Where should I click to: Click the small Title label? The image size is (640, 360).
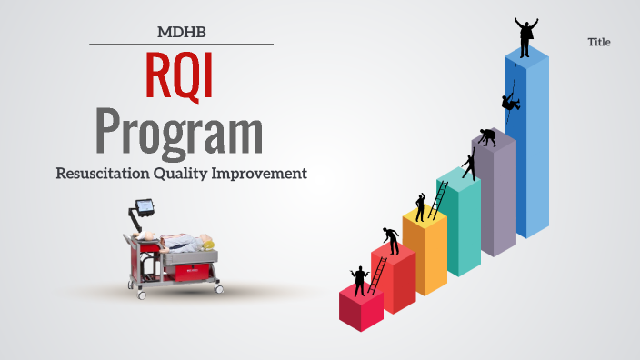pyautogui.click(x=599, y=43)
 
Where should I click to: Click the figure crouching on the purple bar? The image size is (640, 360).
pyautogui.click(x=488, y=137)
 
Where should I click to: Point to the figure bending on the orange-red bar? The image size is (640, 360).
pyautogui.click(x=392, y=239)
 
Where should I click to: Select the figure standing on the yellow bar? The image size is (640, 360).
pyautogui.click(x=421, y=206)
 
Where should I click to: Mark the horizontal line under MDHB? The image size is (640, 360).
pyautogui.click(x=182, y=44)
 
